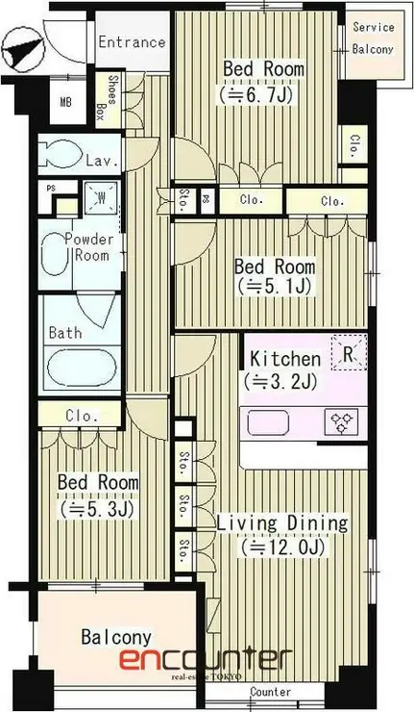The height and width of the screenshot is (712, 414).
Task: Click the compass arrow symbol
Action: coord(23,49)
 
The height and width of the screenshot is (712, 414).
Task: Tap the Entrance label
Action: coord(132,42)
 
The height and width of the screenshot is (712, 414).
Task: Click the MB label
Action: coord(66,102)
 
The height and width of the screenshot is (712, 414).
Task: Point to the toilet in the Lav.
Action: coord(58,154)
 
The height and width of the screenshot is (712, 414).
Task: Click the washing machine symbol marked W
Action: coord(101,197)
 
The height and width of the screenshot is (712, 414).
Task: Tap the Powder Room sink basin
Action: coord(54,254)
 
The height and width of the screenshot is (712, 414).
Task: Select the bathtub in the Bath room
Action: coord(82,368)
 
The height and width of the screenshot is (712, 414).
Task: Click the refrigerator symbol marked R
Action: coord(349,353)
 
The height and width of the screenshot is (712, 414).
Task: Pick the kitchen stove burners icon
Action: coord(342,422)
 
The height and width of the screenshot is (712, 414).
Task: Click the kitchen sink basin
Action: coord(268,422)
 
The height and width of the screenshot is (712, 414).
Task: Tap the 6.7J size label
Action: coord(256,95)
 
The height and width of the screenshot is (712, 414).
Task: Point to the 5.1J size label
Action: coord(274,286)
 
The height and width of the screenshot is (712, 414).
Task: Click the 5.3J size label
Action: coord(98,509)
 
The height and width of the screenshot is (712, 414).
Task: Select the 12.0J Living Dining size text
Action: coord(283,547)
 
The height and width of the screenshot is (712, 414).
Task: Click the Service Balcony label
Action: coord(373,38)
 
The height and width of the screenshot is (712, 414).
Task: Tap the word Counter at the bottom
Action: coord(271,692)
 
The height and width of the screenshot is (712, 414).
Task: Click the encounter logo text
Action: coord(206,659)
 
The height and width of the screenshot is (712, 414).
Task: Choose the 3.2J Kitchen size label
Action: coord(280,382)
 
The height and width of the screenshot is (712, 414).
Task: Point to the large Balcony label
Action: coord(116,638)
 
